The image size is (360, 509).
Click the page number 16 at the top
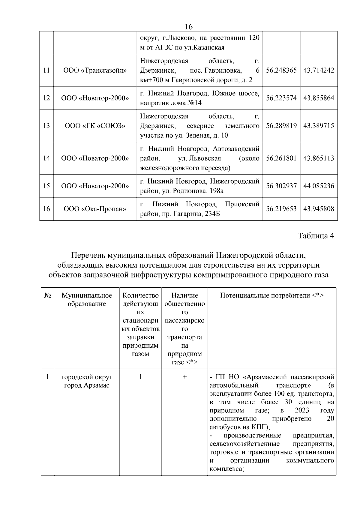[x=189, y=27]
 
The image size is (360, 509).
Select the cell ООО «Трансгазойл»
[x=95, y=70]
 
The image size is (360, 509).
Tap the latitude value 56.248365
[x=281, y=70]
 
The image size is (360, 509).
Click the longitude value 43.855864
[x=319, y=98]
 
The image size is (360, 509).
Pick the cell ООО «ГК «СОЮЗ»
[x=95, y=126]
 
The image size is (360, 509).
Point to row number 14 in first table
[x=46, y=158]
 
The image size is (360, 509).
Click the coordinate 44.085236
[x=319, y=186]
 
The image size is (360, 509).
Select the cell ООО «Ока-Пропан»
[x=95, y=209]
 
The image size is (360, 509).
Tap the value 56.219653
[x=281, y=209]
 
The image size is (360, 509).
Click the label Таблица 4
[x=316, y=235]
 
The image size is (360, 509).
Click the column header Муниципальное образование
[x=87, y=299]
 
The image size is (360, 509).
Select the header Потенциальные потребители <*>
[x=272, y=295]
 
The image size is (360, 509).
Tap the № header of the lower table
[x=47, y=295]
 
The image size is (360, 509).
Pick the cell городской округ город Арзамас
[x=87, y=381]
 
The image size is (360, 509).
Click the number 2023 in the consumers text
[x=302, y=410]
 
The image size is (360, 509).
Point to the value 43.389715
[x=319, y=126]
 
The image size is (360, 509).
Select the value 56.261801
[x=281, y=158]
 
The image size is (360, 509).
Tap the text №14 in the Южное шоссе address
[x=194, y=103]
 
